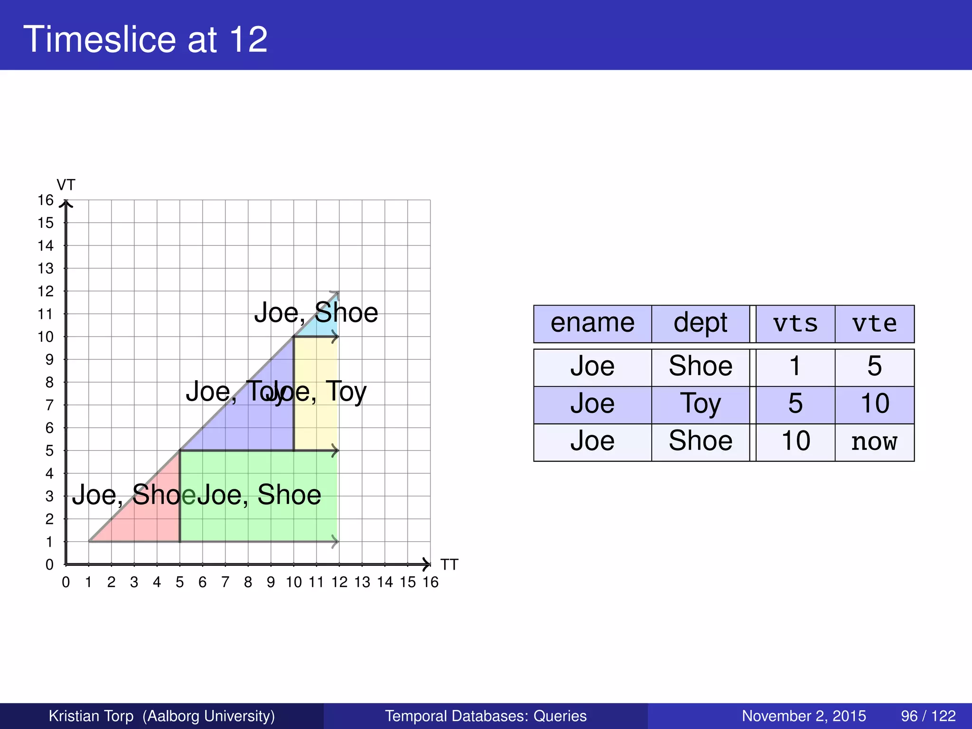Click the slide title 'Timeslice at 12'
pyautogui.click(x=145, y=39)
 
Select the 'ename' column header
pyautogui.click(x=592, y=324)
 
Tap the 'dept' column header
pyautogui.click(x=700, y=324)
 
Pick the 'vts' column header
pyautogui.click(x=795, y=324)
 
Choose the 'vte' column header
pyautogui.click(x=874, y=324)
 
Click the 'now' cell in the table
pyautogui.click(x=874, y=442)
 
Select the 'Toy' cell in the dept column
pyautogui.click(x=700, y=404)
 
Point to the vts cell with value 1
pyautogui.click(x=795, y=367)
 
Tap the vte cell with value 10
pyautogui.click(x=874, y=404)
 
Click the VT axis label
pyautogui.click(x=66, y=185)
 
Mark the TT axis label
pyautogui.click(x=449, y=565)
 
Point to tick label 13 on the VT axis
pyautogui.click(x=46, y=269)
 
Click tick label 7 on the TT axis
pyautogui.click(x=225, y=582)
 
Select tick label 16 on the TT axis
pyautogui.click(x=430, y=582)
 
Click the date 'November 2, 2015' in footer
pyautogui.click(x=804, y=716)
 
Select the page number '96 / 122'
pyautogui.click(x=928, y=716)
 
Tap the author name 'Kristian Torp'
pyautogui.click(x=91, y=716)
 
